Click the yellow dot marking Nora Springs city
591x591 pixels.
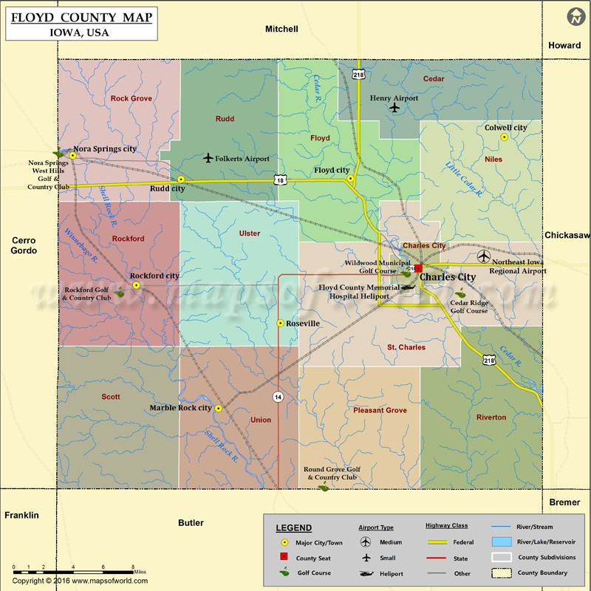click(73, 155)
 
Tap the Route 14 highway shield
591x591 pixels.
click(278, 397)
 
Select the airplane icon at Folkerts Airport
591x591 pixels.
click(208, 158)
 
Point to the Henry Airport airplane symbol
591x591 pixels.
click(394, 109)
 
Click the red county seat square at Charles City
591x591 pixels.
click(418, 268)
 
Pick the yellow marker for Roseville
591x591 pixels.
click(280, 323)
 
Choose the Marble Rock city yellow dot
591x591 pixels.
click(218, 408)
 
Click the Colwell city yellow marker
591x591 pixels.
click(505, 137)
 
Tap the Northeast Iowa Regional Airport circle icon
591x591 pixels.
click(483, 257)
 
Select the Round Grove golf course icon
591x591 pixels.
click(324, 488)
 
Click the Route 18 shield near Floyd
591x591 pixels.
click(279, 180)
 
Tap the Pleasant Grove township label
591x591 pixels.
click(380, 410)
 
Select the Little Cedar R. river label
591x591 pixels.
click(464, 178)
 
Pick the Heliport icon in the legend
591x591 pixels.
click(366, 573)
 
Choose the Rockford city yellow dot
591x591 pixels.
click(136, 285)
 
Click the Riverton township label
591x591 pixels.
click(491, 417)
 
